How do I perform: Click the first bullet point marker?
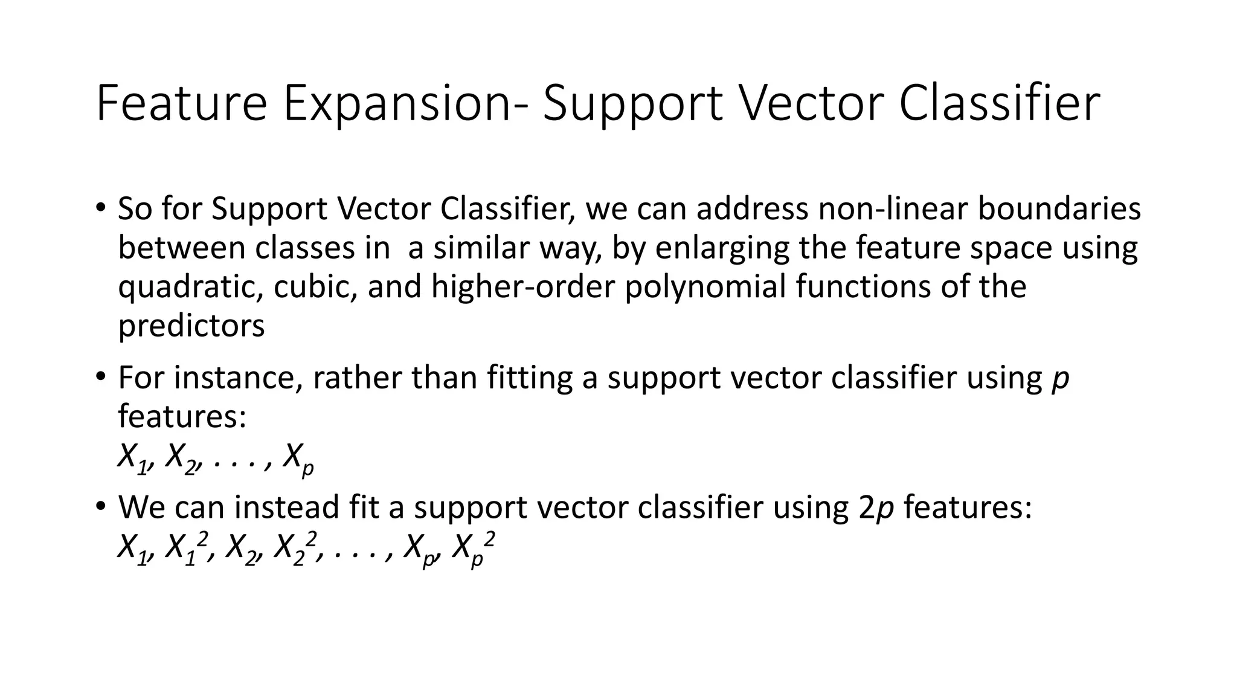click(x=100, y=208)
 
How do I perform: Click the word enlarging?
click(x=722, y=248)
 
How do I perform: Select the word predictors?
click(x=191, y=326)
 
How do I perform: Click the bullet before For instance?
click(x=100, y=378)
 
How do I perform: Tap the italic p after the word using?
click(x=1060, y=379)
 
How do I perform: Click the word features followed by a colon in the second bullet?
click(x=182, y=416)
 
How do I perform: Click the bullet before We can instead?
click(x=100, y=506)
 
